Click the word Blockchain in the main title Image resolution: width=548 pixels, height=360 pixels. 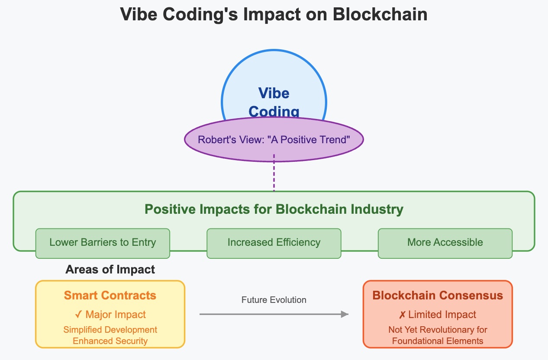tap(380, 14)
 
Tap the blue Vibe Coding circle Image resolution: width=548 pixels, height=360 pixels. tap(274, 87)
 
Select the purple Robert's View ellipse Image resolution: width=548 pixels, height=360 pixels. tap(274, 140)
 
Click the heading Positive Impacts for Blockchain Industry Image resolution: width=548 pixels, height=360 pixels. tap(274, 209)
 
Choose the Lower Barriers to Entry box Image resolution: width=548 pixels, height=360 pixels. tap(103, 242)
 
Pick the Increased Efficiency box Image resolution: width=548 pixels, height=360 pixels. tap(274, 242)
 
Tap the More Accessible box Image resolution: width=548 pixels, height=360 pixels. tap(445, 242)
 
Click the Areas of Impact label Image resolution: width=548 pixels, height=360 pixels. tap(110, 270)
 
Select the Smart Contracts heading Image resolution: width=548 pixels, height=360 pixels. tap(110, 296)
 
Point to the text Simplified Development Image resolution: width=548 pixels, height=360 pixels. tap(110, 330)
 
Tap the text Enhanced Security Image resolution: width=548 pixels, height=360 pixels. tap(110, 341)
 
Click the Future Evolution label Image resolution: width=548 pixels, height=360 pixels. tap(274, 300)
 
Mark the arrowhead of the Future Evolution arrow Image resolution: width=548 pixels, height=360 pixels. tap(345, 314)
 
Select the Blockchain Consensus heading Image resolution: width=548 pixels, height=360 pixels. tap(438, 296)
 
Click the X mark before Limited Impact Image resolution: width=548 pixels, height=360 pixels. tap(402, 315)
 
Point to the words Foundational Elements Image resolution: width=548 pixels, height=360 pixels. tap(438, 341)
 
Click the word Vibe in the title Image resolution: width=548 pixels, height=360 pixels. tap(138, 14)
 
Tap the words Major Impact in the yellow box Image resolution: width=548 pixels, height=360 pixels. tap(116, 315)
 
